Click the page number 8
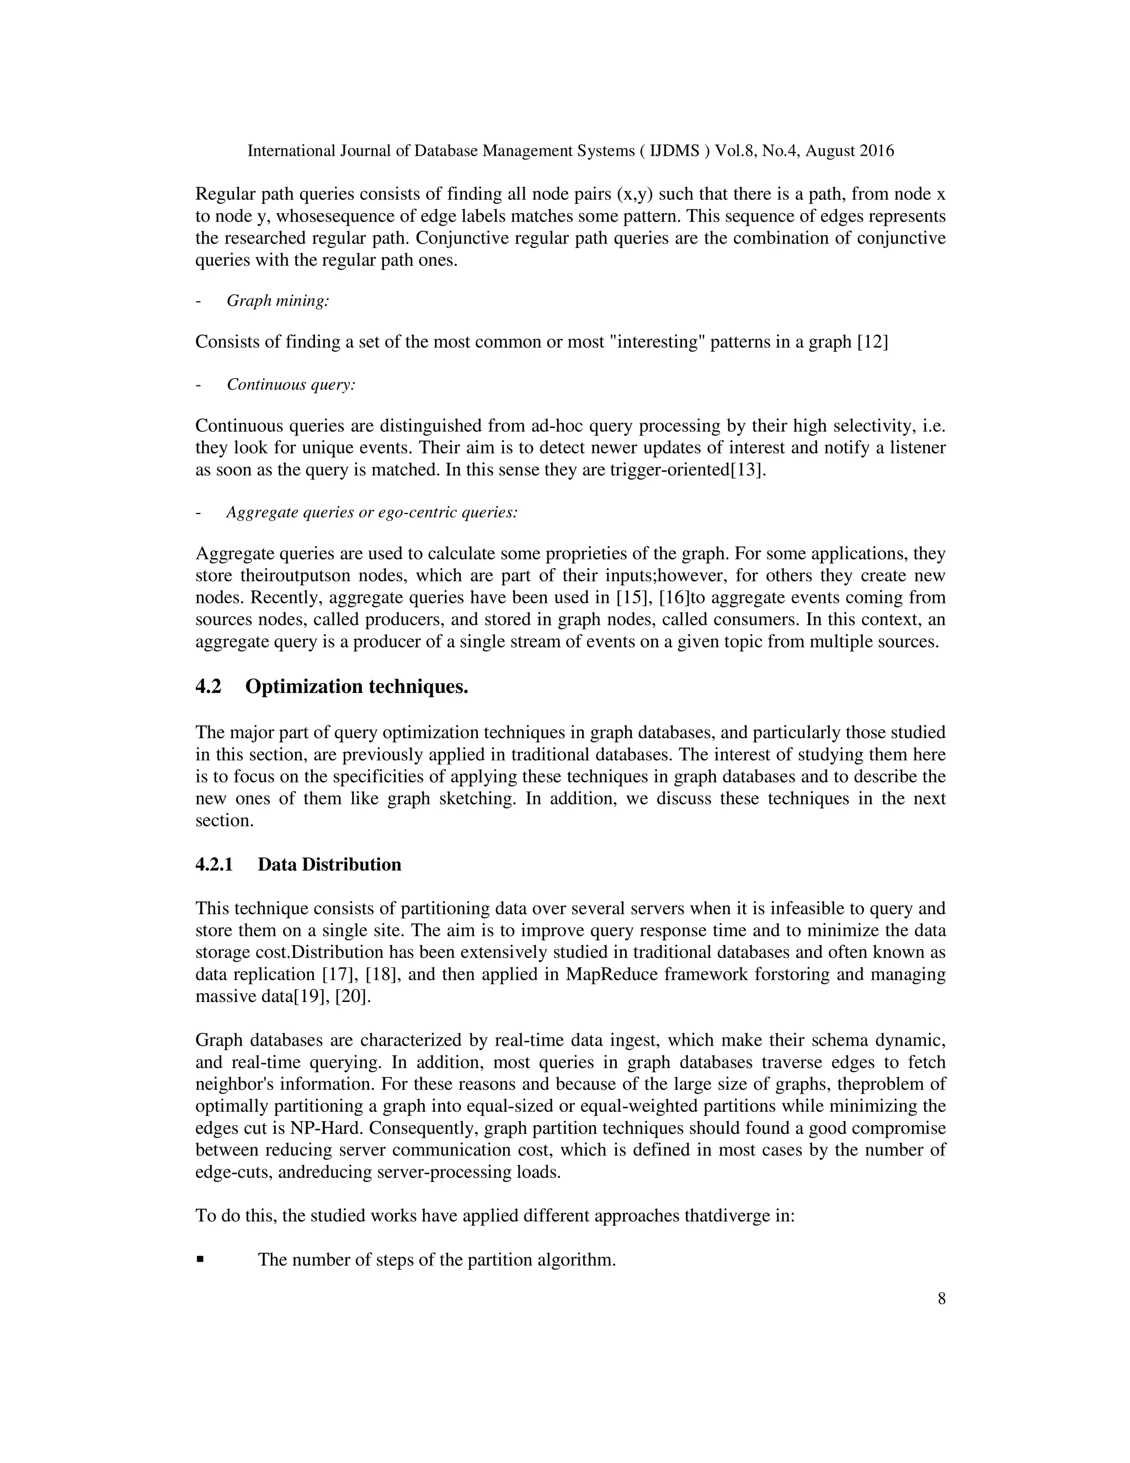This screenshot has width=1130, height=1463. [941, 1299]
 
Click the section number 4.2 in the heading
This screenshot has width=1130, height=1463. [208, 687]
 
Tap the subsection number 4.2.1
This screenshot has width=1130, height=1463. [214, 864]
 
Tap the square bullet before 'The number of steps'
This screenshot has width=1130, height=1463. [200, 1260]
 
